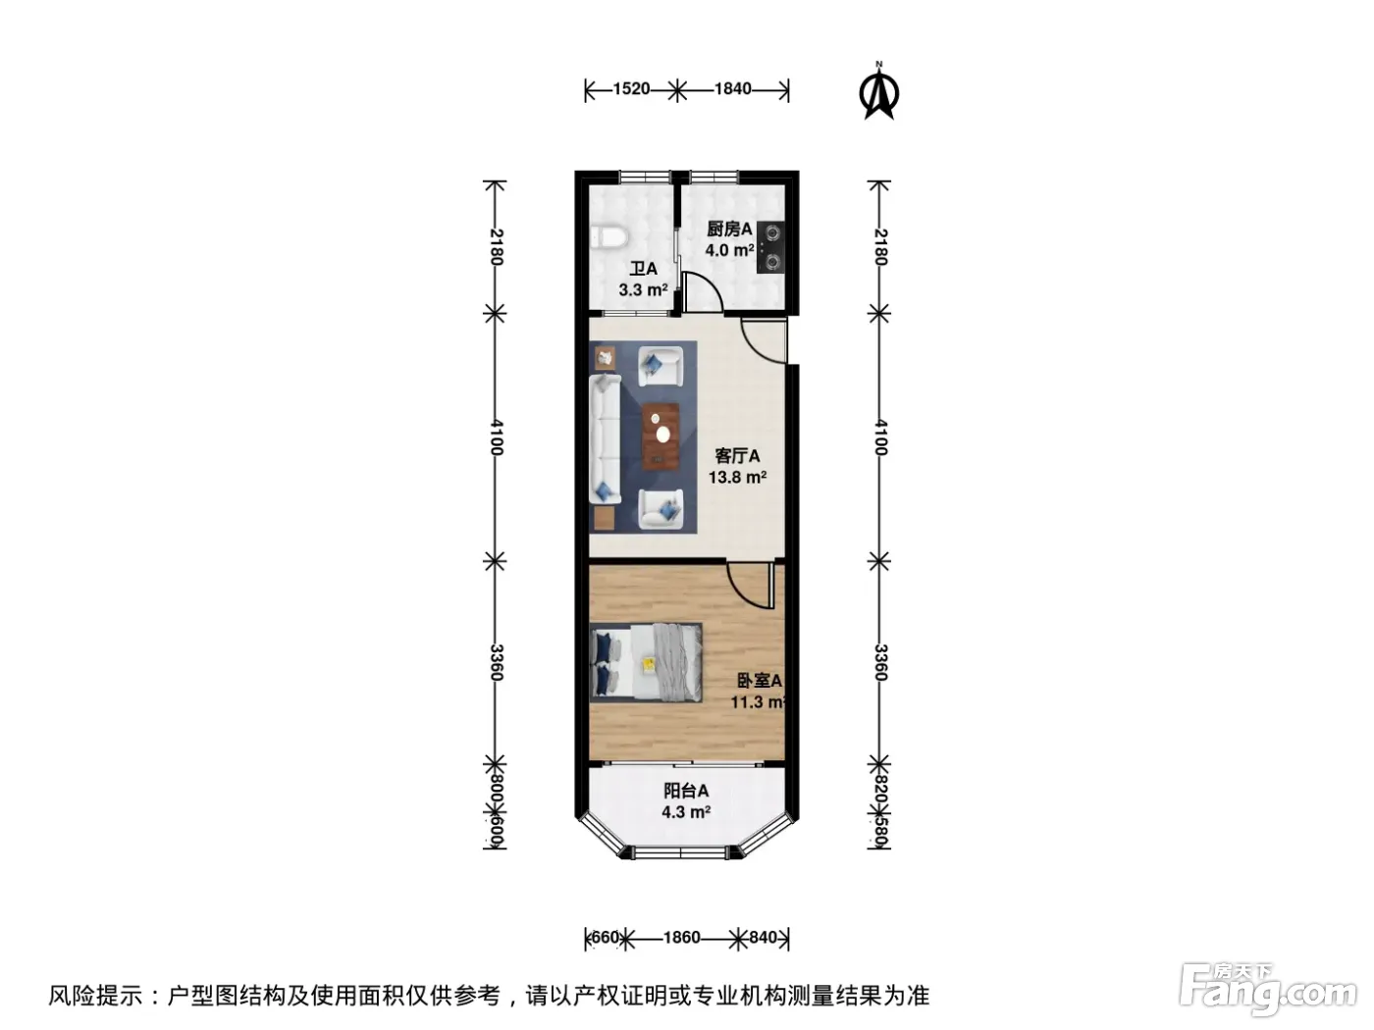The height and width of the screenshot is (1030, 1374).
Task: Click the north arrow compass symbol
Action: click(878, 91)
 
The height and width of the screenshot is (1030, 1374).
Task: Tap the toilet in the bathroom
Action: click(608, 237)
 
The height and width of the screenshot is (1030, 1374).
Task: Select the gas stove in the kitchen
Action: click(771, 248)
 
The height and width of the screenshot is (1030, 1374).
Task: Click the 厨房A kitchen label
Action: click(729, 229)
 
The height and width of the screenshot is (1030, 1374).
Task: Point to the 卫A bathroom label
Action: click(643, 269)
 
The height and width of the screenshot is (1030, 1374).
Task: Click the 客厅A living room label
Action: click(737, 456)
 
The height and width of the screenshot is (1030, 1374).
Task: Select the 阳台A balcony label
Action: click(686, 791)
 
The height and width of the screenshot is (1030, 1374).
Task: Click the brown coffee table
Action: click(661, 437)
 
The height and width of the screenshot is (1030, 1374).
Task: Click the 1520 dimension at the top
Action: click(631, 89)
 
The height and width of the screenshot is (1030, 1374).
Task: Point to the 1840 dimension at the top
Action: click(732, 89)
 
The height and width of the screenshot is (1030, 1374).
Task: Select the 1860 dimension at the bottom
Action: click(682, 938)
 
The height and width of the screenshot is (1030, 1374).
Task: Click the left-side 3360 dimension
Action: click(496, 662)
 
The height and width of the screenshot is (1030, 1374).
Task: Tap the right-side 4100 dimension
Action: click(880, 438)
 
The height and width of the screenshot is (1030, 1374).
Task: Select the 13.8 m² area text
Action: click(737, 478)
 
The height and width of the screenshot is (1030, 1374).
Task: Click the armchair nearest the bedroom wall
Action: click(661, 509)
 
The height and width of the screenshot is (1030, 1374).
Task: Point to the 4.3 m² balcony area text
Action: click(686, 812)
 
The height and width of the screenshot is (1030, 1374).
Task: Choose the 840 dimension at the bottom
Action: click(763, 938)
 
